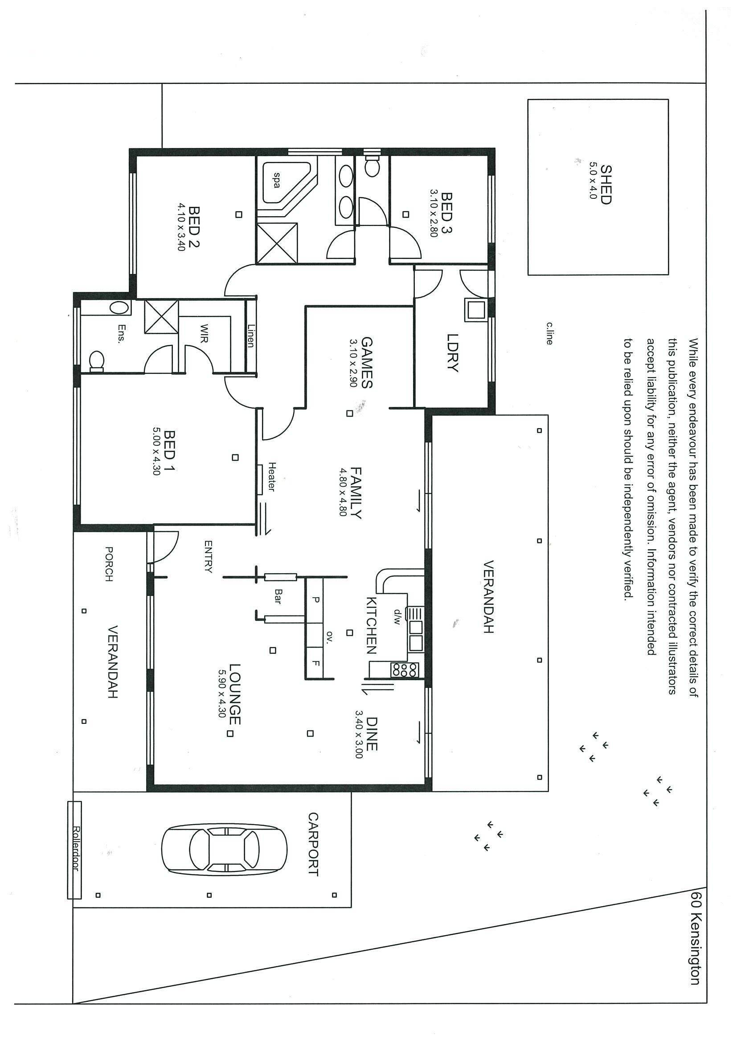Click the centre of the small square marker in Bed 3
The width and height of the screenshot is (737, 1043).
(x=406, y=214)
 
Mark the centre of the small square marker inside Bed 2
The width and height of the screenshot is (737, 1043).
(x=238, y=214)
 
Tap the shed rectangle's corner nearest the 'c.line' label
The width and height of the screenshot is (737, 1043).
(x=528, y=275)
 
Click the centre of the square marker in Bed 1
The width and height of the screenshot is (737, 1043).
(x=235, y=457)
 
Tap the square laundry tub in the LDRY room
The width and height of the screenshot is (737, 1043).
(x=475, y=310)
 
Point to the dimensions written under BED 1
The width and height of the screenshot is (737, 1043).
(x=156, y=451)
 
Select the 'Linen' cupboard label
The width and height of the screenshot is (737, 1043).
(x=251, y=335)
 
